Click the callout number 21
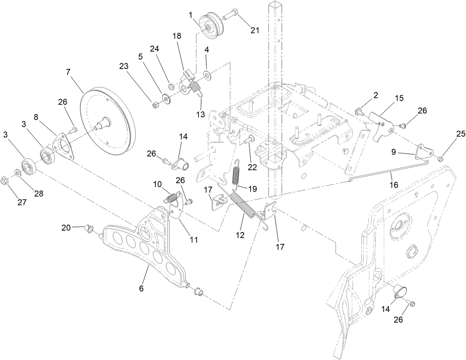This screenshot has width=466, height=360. (x=254, y=30)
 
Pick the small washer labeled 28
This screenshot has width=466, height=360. (x=17, y=172)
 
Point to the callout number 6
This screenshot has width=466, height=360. (x=142, y=288)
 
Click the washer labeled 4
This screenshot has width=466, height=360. (x=207, y=76)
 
